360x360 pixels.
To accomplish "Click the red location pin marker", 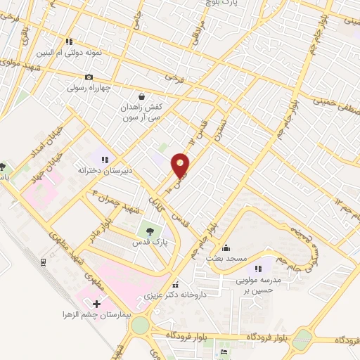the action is coord(181,165).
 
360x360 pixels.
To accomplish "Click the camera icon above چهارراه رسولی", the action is coord(89,77).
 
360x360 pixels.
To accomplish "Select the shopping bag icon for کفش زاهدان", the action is coord(142,96).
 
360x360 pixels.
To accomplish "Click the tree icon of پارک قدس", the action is coord(148,229).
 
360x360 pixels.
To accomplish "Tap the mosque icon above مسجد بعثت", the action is coord(226,247).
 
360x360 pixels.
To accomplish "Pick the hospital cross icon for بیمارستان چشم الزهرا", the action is coord(96,303).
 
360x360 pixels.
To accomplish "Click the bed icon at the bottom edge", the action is coord(224,352).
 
